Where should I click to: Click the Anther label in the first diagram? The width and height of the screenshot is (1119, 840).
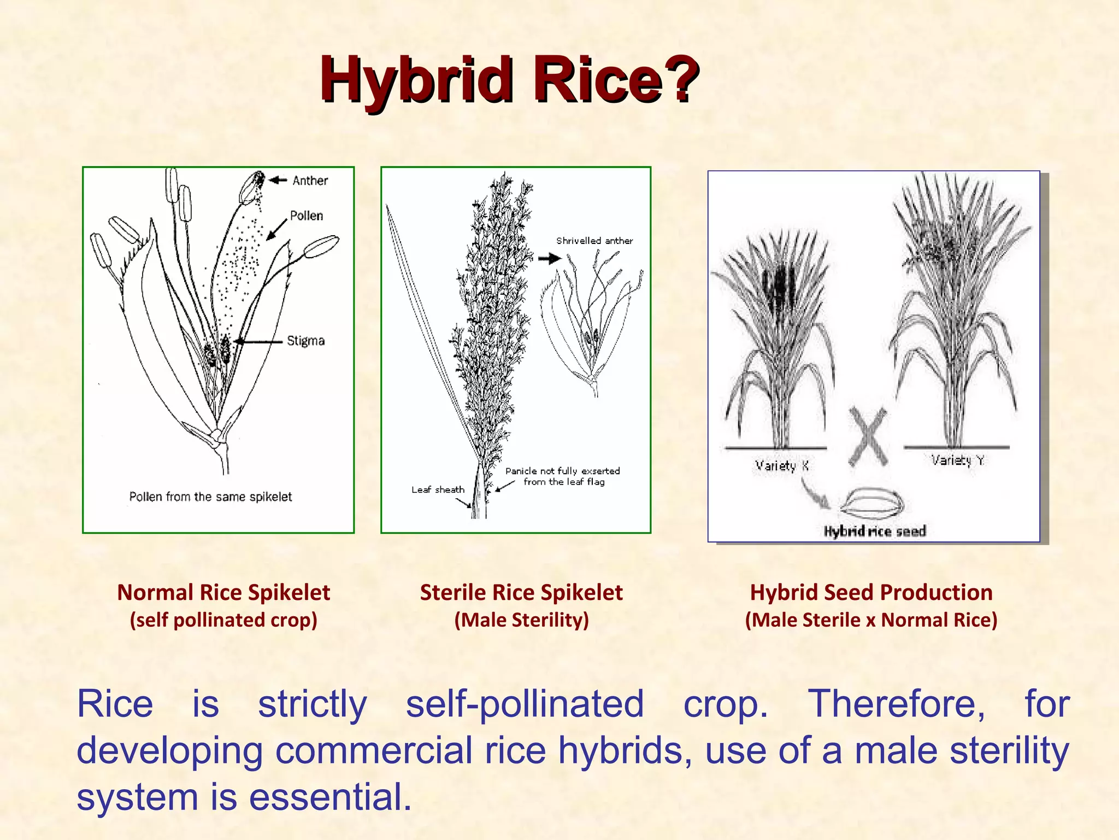pos(310,180)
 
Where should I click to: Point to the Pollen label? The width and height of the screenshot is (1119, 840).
pos(306,215)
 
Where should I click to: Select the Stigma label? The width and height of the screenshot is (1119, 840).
pos(305,341)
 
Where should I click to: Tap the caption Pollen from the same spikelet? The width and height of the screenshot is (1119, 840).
pos(210,497)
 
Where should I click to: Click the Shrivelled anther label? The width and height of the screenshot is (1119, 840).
pos(594,241)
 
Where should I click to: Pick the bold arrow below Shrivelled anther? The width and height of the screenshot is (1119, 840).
pos(549,259)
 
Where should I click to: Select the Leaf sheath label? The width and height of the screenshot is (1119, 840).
pos(438,489)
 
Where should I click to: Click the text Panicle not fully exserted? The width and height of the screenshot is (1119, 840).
pos(562,471)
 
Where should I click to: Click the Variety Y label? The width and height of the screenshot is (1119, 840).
pos(957,460)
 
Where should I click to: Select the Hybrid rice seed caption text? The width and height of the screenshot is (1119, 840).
pos(874,531)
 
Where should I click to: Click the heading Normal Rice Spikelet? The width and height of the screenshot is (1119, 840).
pos(223,592)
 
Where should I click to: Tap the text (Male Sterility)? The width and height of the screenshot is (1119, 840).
pos(521,620)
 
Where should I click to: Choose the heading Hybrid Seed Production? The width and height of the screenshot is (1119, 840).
pos(871,592)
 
